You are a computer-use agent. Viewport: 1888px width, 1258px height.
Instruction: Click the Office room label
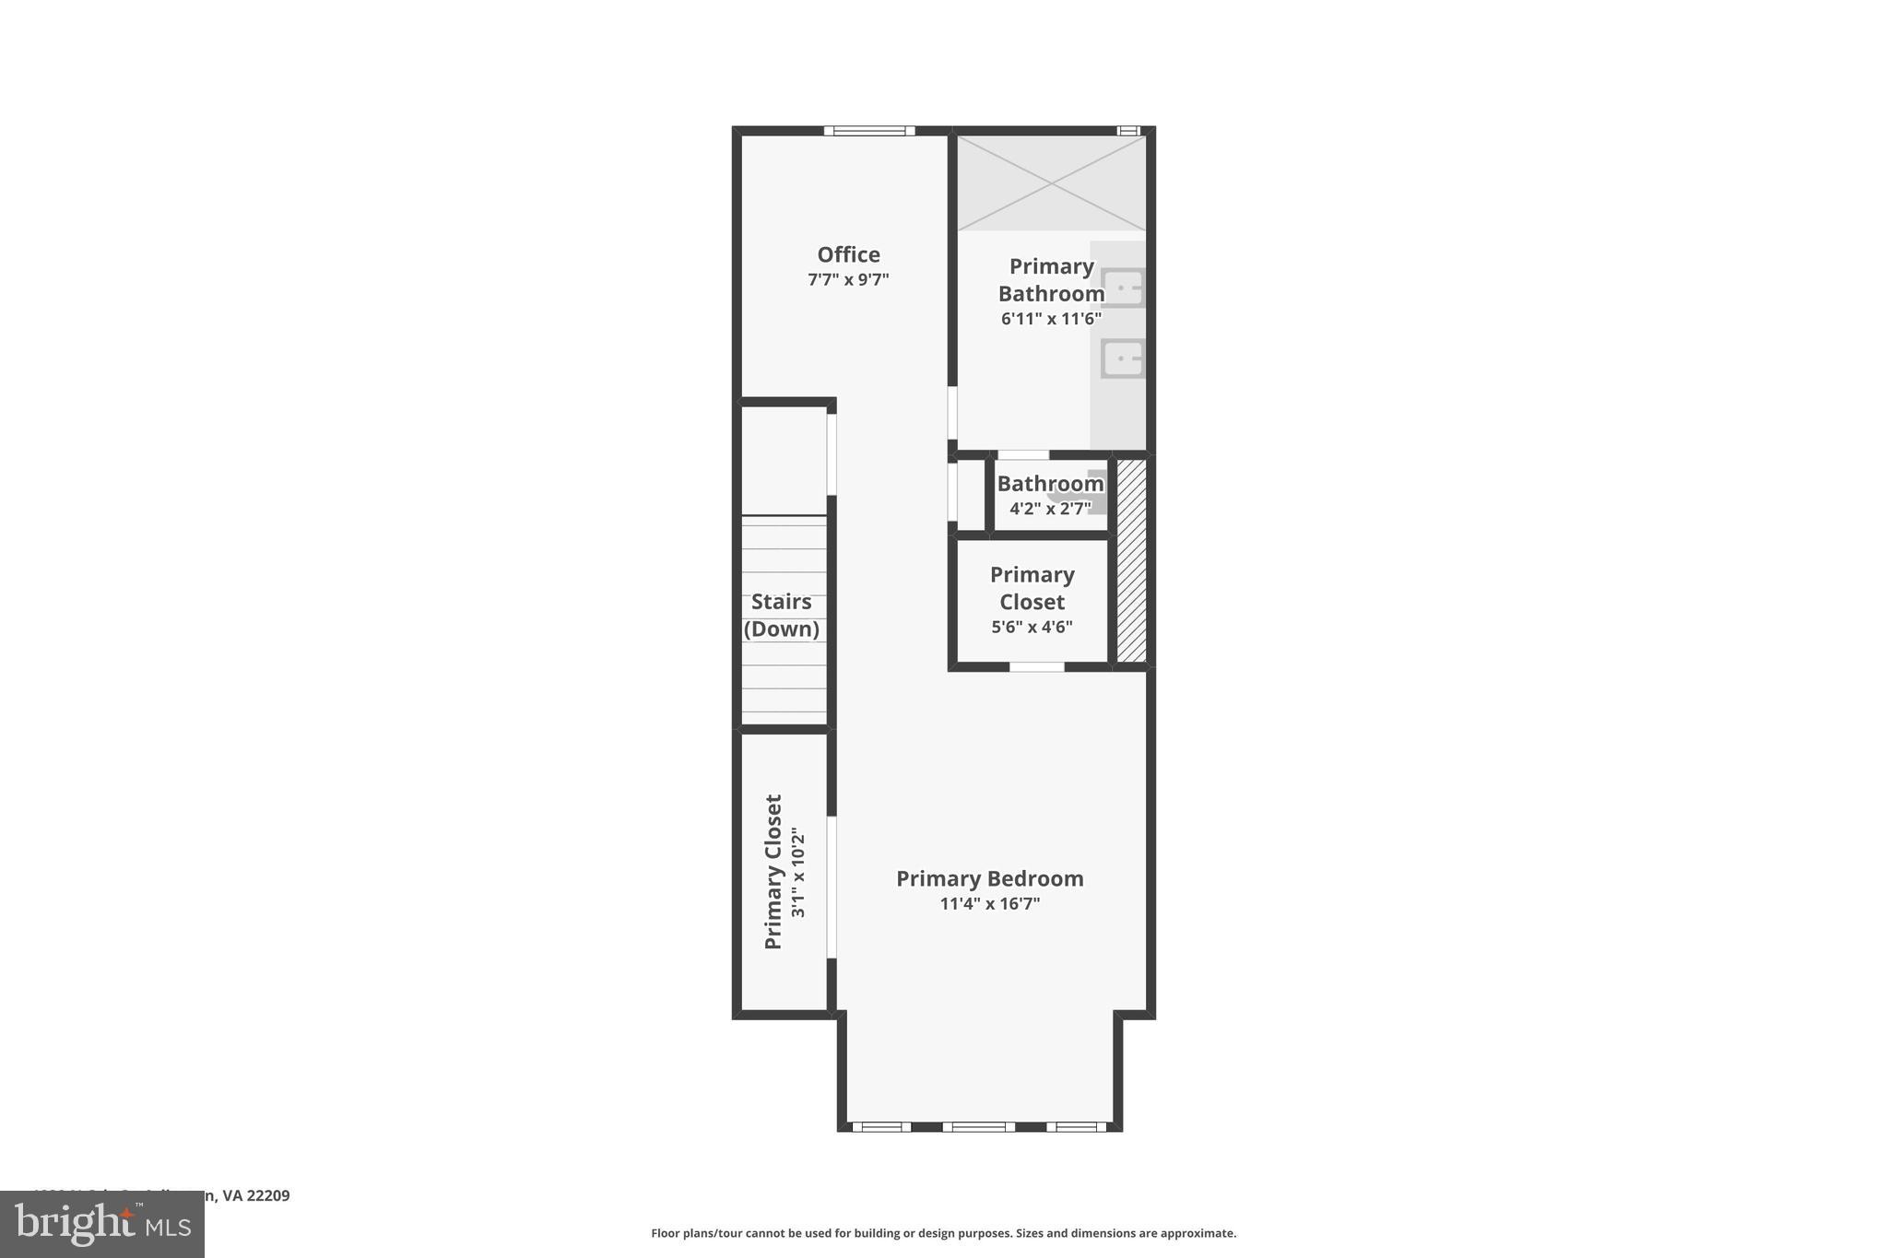848,254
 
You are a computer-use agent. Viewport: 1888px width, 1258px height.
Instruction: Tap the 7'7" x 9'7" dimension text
848,279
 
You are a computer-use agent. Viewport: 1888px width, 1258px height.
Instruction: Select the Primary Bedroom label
989,878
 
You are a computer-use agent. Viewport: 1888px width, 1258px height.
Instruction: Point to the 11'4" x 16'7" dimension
989,904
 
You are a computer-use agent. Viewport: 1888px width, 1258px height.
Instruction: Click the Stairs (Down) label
782,615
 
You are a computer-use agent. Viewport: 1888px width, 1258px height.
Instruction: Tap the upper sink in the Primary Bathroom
1123,288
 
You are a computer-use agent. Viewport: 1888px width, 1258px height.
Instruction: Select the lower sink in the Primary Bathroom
1123,359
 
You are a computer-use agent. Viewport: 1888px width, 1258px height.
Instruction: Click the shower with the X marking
1051,182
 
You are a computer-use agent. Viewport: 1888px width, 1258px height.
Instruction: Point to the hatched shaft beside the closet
1131,560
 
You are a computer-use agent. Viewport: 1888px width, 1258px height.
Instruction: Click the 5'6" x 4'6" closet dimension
1032,628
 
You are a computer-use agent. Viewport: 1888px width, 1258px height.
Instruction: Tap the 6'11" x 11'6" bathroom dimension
1051,319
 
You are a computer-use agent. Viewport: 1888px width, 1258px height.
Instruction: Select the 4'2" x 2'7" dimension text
1050,508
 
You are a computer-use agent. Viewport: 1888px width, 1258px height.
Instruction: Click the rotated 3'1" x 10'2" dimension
798,872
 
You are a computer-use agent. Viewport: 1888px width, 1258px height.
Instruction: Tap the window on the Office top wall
869,131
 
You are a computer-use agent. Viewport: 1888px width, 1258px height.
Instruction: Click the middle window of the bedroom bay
978,1126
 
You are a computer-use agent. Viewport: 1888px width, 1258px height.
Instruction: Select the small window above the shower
1128,131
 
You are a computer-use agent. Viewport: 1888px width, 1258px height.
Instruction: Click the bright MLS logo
102,1225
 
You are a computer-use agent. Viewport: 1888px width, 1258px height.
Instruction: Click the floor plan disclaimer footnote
943,1233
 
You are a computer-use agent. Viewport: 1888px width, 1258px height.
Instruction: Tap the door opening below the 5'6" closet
1036,666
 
